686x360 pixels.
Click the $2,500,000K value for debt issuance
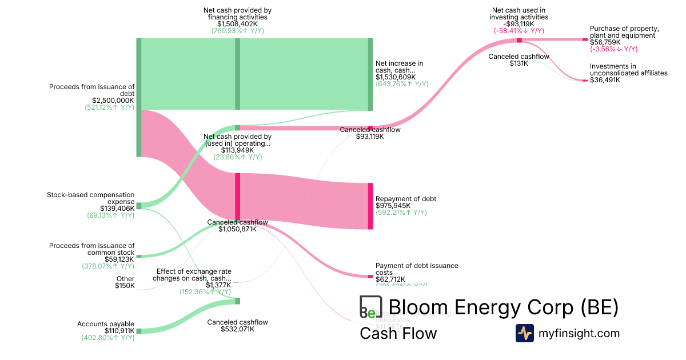(x=113, y=100)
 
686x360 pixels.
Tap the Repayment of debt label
(x=405, y=199)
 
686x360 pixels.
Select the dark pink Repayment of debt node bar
(x=370, y=206)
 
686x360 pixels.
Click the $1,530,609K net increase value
(x=396, y=77)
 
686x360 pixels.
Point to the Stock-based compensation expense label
(x=91, y=198)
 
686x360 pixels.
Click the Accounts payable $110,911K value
(x=119, y=331)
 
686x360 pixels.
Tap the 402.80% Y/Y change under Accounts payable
(x=108, y=338)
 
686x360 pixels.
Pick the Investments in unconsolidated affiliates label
(x=628, y=70)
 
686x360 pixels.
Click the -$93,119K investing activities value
(x=519, y=24)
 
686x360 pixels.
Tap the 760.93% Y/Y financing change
(x=237, y=31)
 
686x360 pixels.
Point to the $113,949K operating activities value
(x=237, y=150)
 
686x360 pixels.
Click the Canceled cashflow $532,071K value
(x=237, y=329)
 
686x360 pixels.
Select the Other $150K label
(x=125, y=282)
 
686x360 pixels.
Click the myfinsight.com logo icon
(x=524, y=333)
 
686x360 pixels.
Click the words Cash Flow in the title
(x=398, y=333)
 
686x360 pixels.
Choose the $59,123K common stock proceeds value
(x=119, y=259)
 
